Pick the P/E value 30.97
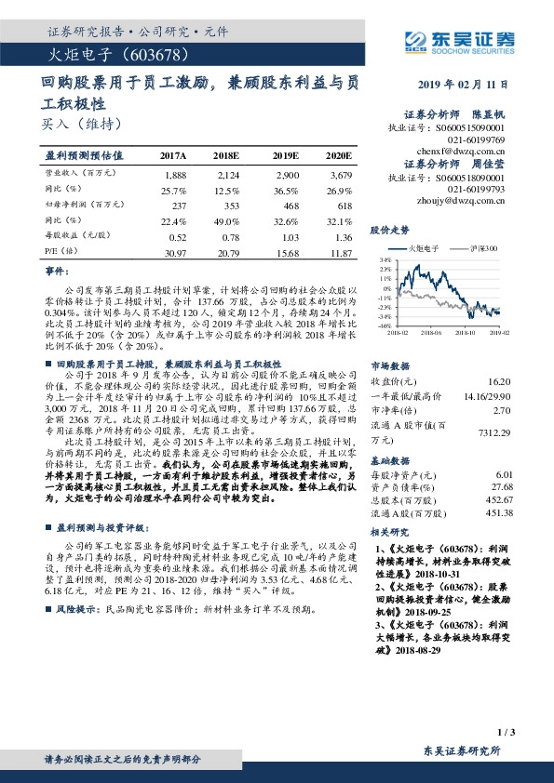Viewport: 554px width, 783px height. [x=174, y=253]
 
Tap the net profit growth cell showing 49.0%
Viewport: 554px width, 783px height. [x=227, y=220]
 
